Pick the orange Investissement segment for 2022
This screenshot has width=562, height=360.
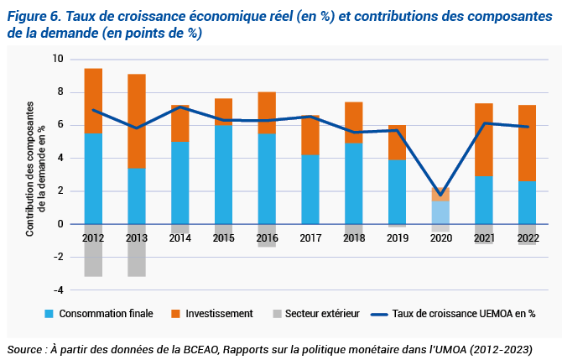527,143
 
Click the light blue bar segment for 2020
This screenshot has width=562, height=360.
440,212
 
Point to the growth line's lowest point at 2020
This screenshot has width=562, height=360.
440,196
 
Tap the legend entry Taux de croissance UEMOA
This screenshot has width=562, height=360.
466,314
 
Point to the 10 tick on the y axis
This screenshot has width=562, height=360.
57,60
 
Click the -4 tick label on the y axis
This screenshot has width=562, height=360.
57,290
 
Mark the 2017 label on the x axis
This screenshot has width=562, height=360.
310,237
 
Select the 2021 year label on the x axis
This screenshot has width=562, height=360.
484,237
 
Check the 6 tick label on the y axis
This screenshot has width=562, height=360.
59,125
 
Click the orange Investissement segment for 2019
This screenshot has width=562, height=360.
397,142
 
